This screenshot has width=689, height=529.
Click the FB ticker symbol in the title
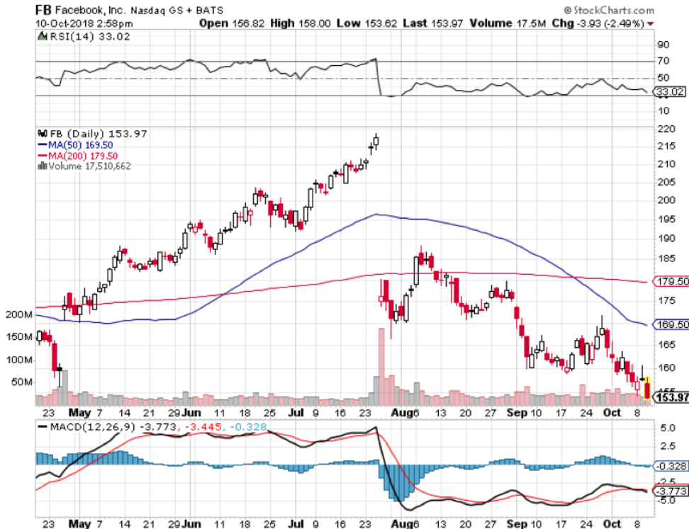point(45,10)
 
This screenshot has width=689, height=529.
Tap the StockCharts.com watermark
point(614,10)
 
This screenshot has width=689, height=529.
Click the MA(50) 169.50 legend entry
point(80,144)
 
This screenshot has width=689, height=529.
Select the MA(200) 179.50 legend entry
point(82,154)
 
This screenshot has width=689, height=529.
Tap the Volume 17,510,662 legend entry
point(89,166)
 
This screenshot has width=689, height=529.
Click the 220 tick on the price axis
point(666,130)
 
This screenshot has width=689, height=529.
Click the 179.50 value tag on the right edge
point(671,282)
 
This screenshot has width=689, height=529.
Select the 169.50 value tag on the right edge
point(671,324)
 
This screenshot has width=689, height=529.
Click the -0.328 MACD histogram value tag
point(670,465)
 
